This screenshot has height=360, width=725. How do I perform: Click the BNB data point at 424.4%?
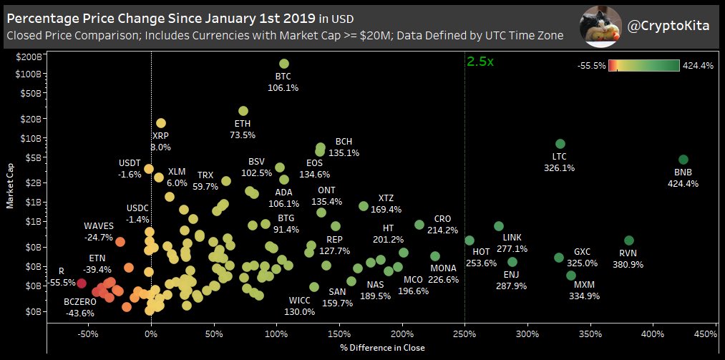683,160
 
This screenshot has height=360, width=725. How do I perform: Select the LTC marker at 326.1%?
560,144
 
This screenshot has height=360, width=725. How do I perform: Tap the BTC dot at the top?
284,64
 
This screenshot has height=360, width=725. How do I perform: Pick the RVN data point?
629,240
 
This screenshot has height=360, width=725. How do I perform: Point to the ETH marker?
243,111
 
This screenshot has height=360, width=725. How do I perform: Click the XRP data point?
161,124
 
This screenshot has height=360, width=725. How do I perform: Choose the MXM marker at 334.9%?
571,275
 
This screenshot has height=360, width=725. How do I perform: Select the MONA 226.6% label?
444,273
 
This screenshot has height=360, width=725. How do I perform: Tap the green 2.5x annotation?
480,62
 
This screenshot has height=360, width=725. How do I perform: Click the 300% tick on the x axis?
527,334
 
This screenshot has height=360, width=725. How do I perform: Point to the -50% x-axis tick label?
88,334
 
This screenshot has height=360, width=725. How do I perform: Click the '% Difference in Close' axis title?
383,348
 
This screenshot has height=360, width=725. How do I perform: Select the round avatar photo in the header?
599,25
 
